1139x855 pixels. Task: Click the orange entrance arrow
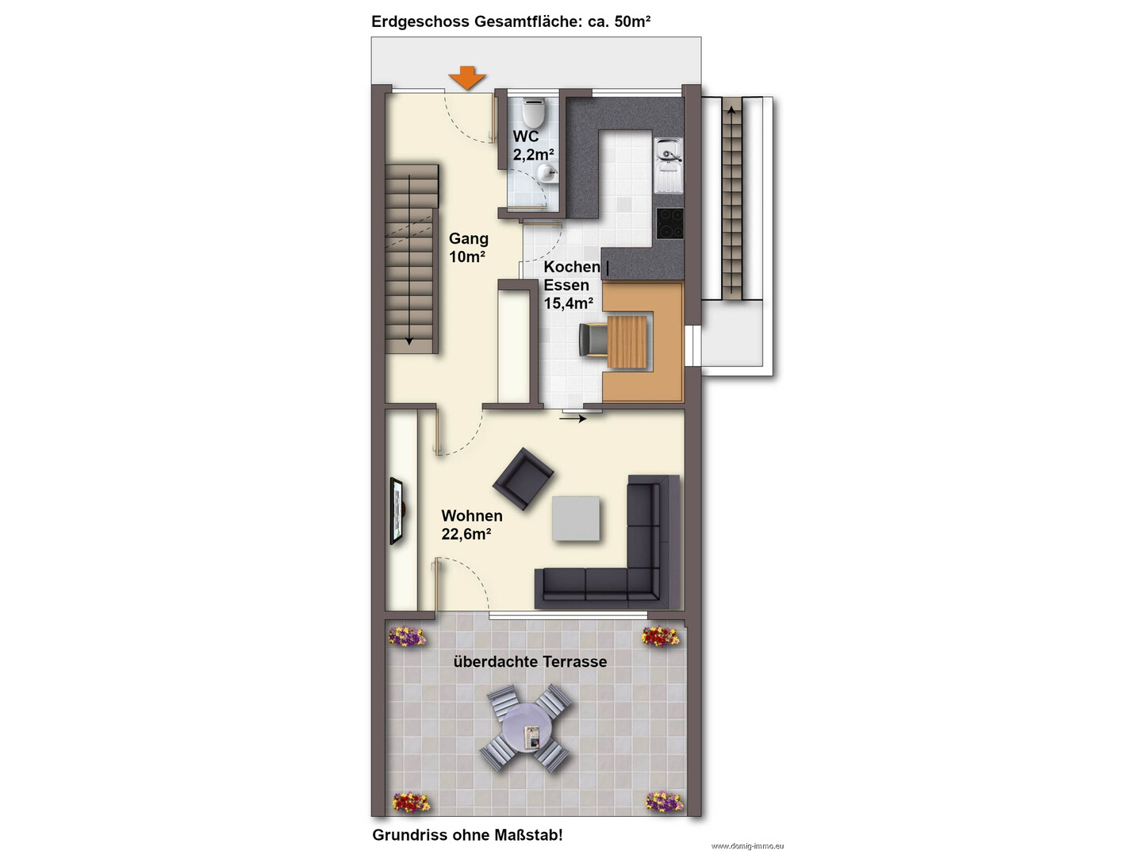pyautogui.click(x=467, y=78)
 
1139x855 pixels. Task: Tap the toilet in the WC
pyautogui.click(x=534, y=112)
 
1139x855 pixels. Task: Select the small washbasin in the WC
pyautogui.click(x=547, y=173)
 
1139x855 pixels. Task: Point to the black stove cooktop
pyautogui.click(x=669, y=223)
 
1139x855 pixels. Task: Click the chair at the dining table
pyautogui.click(x=593, y=340)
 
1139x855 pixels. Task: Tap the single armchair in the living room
pyautogui.click(x=523, y=479)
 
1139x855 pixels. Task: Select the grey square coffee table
pyautogui.click(x=576, y=518)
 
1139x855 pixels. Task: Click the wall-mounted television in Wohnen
pyautogui.click(x=397, y=511)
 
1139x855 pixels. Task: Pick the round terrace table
pyautogui.click(x=525, y=728)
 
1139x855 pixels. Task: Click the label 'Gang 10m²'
pyautogui.click(x=467, y=248)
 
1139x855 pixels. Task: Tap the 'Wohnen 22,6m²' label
pyautogui.click(x=472, y=525)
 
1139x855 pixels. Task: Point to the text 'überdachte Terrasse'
pyautogui.click(x=530, y=662)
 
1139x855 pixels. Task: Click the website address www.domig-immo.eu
pyautogui.click(x=747, y=845)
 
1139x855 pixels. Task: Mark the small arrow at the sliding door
pyautogui.click(x=575, y=418)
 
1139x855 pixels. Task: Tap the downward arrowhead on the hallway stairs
pyautogui.click(x=409, y=341)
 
